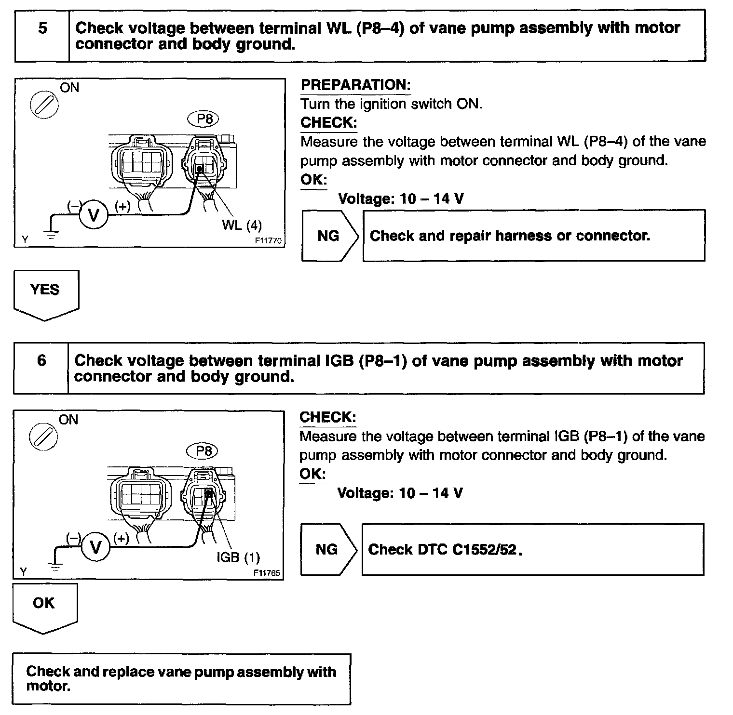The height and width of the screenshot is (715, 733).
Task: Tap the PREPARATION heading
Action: point(355,85)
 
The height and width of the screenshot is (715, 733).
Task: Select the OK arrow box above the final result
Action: point(44,606)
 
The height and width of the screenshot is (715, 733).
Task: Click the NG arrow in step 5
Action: point(329,236)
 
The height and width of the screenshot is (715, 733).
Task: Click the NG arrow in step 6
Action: point(328,549)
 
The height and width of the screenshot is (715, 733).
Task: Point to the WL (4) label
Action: point(242,225)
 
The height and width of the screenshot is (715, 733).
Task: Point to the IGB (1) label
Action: point(238,557)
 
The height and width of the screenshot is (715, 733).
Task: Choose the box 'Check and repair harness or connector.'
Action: point(533,236)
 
